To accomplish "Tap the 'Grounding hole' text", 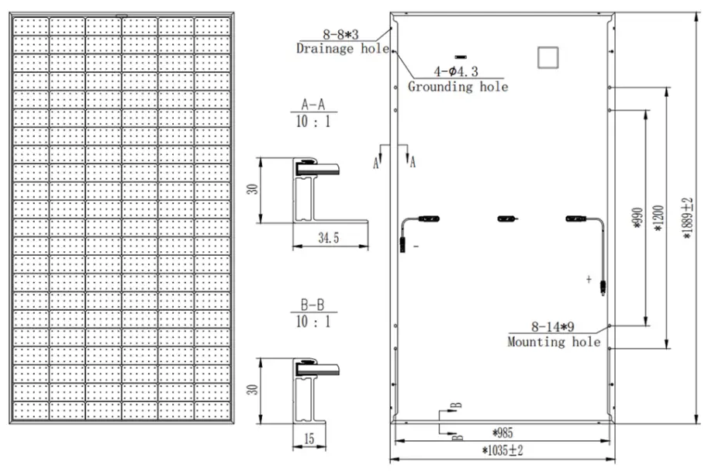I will click(458, 87).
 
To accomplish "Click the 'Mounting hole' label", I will click(554, 341).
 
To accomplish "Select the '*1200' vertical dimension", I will click(659, 217).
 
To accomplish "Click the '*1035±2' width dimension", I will click(503, 450).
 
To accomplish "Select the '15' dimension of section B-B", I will click(309, 439).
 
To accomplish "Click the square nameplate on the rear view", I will click(548, 56).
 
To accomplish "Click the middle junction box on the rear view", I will click(506, 219).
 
